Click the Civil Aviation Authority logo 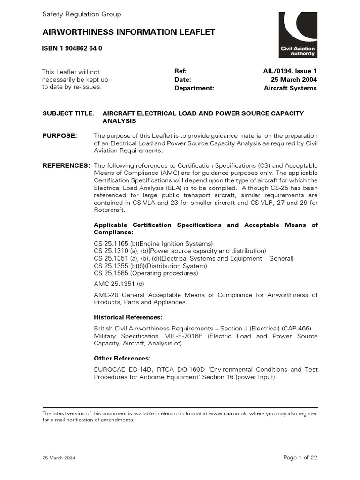coord(298,35)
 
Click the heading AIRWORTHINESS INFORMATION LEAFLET coord(129,32)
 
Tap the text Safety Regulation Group coord(82,14)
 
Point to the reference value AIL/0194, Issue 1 coord(290,71)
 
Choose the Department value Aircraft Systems coord(290,88)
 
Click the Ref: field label coord(180,71)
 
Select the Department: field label coord(194,88)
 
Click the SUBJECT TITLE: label coord(68,113)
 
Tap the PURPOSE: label coord(60,136)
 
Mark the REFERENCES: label coord(66,166)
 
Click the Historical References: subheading coord(128,317)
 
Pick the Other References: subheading coord(122,359)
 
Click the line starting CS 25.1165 coord(153,244)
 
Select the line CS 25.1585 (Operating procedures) coord(146,273)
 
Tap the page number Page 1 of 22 coord(300,458)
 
